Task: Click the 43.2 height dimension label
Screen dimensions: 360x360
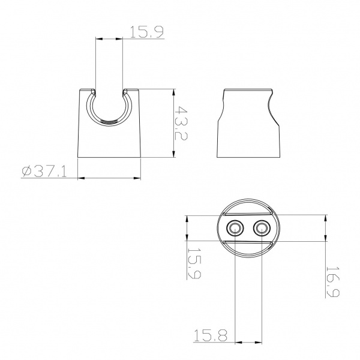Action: coord(181,123)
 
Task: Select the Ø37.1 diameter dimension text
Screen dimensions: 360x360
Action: coord(44,172)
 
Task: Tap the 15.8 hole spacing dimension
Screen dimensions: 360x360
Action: coord(211,335)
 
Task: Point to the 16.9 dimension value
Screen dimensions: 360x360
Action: coord(332,281)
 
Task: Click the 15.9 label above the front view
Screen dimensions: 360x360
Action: coord(147,32)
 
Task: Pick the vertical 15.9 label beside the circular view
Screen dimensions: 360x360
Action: coord(194,263)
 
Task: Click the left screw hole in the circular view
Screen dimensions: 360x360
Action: coord(235,228)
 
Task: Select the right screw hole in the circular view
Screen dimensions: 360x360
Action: coord(262,228)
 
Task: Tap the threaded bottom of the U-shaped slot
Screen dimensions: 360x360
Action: coord(109,122)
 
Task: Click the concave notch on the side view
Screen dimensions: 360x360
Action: coord(271,108)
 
